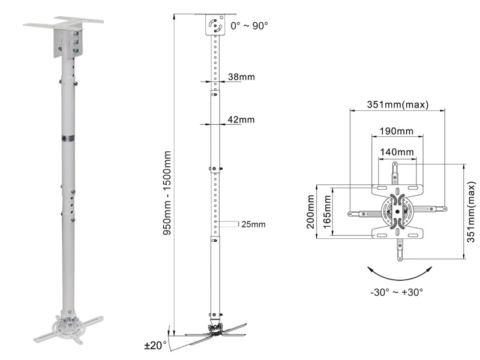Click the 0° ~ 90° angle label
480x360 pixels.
click(x=249, y=26)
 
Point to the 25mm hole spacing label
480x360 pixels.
click(x=252, y=224)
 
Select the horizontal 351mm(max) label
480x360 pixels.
click(x=398, y=104)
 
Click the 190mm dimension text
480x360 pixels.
click(x=395, y=131)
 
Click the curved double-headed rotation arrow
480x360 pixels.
click(x=395, y=274)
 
